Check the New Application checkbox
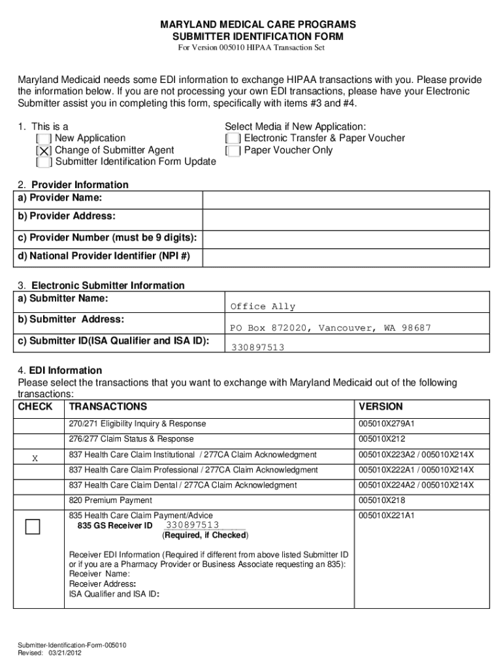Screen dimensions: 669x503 click(x=45, y=139)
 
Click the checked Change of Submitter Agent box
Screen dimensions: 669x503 click(x=45, y=151)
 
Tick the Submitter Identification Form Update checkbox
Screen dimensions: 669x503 click(x=45, y=163)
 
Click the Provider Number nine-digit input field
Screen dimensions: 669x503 click(x=346, y=238)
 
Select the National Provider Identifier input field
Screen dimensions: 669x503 click(x=346, y=257)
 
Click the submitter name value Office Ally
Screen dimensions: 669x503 click(x=263, y=307)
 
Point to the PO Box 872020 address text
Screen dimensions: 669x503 click(x=330, y=328)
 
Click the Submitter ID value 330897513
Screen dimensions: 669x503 click(x=257, y=348)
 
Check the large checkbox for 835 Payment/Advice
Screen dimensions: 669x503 click(x=33, y=527)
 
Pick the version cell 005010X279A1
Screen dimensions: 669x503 click(x=386, y=424)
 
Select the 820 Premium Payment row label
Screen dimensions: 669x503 click(x=110, y=500)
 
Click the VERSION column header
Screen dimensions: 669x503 click(x=381, y=406)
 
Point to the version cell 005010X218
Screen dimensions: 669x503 click(x=382, y=500)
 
